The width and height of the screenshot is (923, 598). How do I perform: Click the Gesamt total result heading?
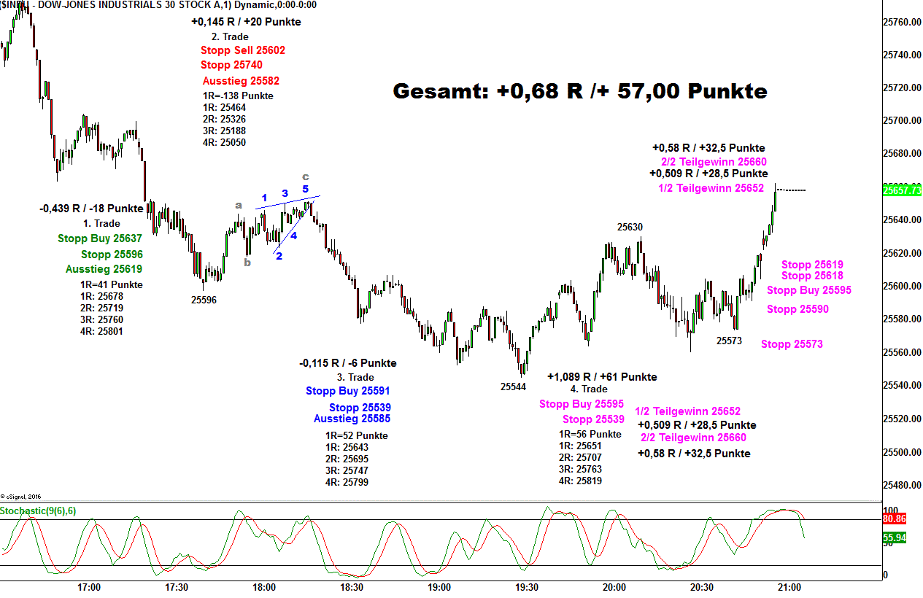tap(580, 91)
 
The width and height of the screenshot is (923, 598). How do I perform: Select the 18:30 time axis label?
tap(352, 587)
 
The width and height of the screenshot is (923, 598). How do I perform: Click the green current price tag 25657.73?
tap(901, 190)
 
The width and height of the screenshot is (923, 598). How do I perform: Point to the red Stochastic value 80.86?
tap(894, 519)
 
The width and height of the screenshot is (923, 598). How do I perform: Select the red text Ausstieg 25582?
tap(241, 81)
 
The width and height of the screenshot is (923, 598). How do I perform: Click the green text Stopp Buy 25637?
tap(100, 238)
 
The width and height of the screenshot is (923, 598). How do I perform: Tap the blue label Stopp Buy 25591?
tap(348, 391)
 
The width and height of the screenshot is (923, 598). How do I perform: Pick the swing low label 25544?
tap(513, 387)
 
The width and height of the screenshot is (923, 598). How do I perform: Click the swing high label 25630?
tap(630, 227)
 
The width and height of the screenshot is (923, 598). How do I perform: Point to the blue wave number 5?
tap(306, 190)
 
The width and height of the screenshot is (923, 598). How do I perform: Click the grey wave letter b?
tap(247, 263)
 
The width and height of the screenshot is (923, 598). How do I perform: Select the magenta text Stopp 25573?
tap(792, 344)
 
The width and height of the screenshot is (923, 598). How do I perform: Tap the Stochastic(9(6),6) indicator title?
tap(38, 510)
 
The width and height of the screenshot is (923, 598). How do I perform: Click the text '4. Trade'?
tap(589, 389)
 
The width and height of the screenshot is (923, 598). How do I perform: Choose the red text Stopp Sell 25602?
tap(243, 50)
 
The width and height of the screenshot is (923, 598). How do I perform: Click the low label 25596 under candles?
tap(204, 300)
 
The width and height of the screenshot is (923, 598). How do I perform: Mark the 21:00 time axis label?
tap(789, 587)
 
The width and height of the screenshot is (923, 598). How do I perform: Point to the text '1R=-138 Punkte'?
tap(238, 96)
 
